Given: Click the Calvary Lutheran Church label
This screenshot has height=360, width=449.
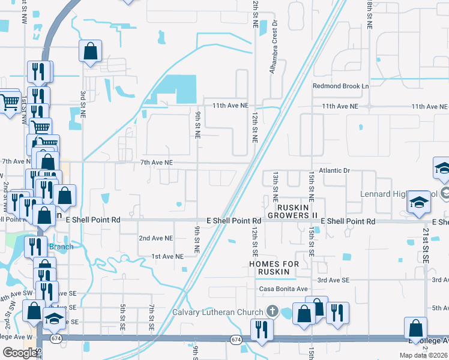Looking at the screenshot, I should coord(218,312).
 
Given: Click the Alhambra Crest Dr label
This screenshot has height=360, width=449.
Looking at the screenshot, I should coord(274,58).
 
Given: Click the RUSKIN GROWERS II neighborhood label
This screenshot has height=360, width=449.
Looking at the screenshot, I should coord(292,211).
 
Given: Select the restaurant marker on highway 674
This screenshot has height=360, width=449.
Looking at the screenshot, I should coord(262,329).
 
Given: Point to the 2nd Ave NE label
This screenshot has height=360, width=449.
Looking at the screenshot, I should coord(156,238).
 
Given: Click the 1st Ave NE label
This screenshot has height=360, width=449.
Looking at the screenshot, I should coord(167,256).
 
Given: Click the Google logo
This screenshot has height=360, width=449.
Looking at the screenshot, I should coord(20,353).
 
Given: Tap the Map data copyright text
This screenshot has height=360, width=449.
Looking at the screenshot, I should coord(423,355).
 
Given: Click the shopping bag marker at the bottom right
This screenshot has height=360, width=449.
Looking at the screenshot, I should coord(415,329).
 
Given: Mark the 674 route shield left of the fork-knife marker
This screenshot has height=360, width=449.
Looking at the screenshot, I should coord(235,340).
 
